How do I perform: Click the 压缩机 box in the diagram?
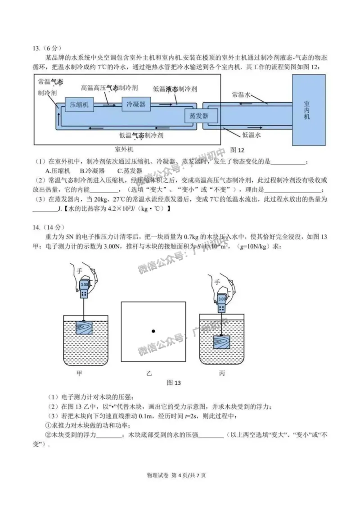click(80, 105)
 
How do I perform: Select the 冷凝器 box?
click(136, 104)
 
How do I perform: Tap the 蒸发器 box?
click(201, 116)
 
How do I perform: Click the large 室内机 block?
click(306, 110)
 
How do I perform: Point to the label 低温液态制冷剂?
click(175, 89)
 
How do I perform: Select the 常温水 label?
click(243, 95)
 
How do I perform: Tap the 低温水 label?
click(252, 134)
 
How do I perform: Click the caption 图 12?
click(237, 149)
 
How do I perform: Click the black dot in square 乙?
click(153, 331)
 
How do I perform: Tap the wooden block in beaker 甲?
click(85, 327)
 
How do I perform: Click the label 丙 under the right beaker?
click(222, 373)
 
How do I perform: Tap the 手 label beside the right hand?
click(217, 282)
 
